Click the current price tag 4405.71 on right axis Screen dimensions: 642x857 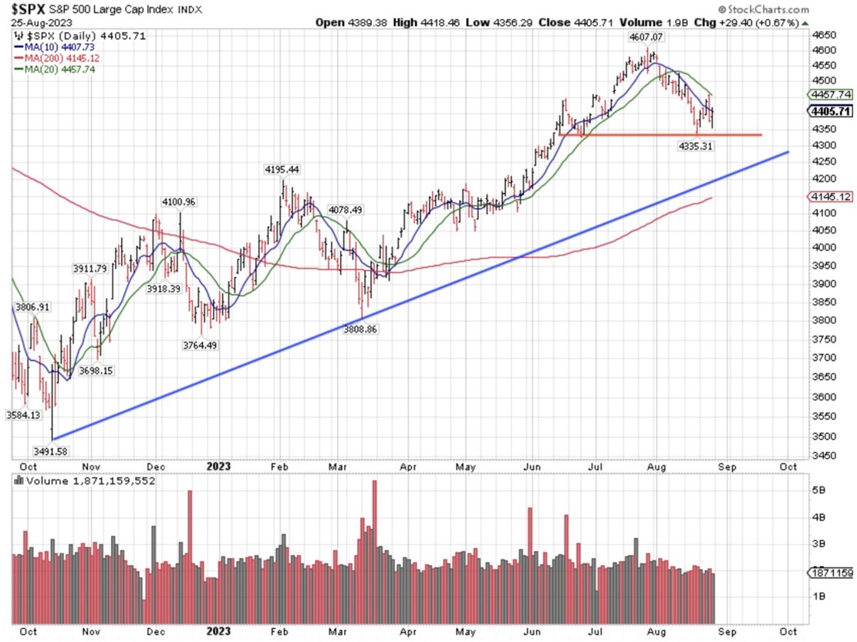coord(830,111)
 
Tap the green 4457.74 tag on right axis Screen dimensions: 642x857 coord(830,94)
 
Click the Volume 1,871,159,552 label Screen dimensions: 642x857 coord(90,480)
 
